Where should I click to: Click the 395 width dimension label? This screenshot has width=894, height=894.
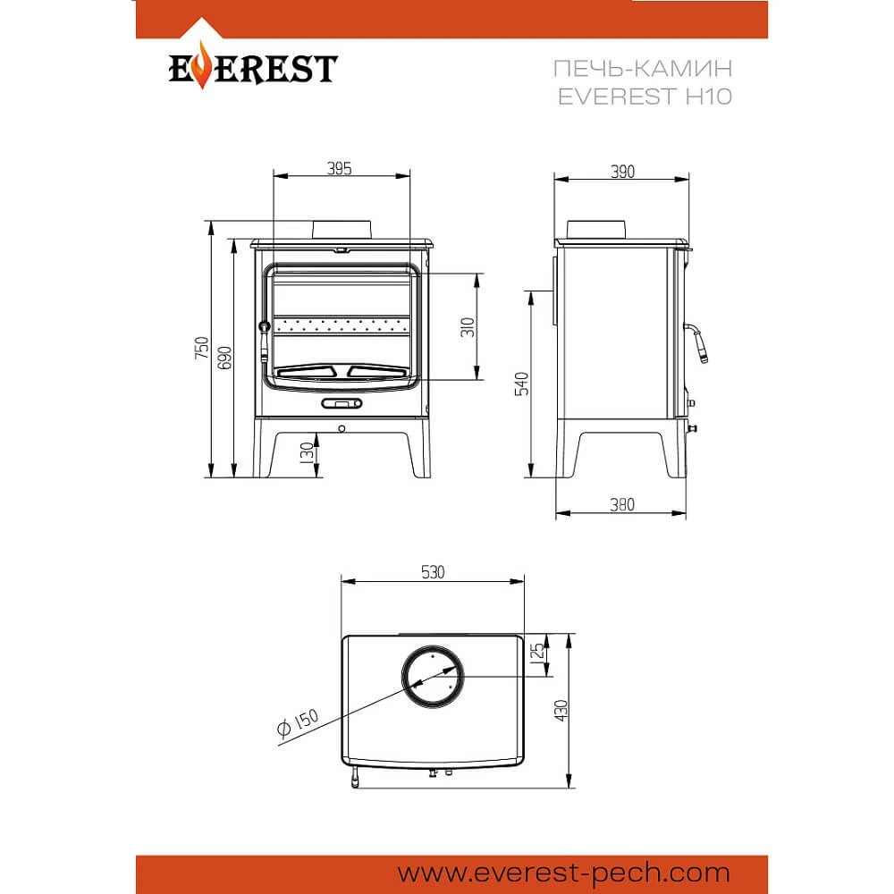click(339, 169)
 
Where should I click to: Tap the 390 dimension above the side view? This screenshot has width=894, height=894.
click(622, 172)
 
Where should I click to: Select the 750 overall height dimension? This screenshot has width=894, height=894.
click(202, 348)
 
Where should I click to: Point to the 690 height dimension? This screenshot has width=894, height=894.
click(225, 358)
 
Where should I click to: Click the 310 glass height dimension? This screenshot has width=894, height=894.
click(468, 326)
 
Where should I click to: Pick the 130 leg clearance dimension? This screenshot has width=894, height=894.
click(308, 452)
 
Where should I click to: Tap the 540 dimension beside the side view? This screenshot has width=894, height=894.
click(522, 384)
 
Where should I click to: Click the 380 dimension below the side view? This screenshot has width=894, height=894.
click(621, 504)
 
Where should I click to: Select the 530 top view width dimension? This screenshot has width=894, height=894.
click(433, 572)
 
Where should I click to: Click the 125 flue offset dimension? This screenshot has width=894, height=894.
click(537, 652)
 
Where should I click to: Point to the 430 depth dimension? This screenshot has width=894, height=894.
click(561, 711)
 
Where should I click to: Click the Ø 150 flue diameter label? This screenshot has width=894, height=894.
click(297, 722)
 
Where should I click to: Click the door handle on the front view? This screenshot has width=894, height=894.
click(264, 341)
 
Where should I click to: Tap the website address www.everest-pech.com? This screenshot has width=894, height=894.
click(564, 873)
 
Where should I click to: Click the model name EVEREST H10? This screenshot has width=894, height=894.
click(645, 97)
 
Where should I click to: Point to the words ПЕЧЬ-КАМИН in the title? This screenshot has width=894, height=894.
click(643, 69)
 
